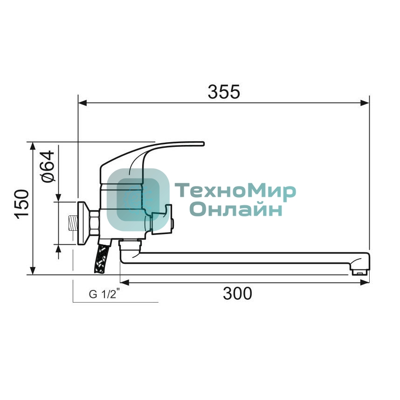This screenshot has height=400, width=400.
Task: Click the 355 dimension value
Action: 224,92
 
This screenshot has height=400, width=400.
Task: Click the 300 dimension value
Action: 237,293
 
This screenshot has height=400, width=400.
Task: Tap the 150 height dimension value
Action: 22,204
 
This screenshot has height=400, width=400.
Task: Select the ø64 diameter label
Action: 48,166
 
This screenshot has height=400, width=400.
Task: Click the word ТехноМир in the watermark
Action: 235,192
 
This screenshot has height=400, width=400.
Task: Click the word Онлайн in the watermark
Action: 236,209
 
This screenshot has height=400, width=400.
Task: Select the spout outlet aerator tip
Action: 360,272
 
